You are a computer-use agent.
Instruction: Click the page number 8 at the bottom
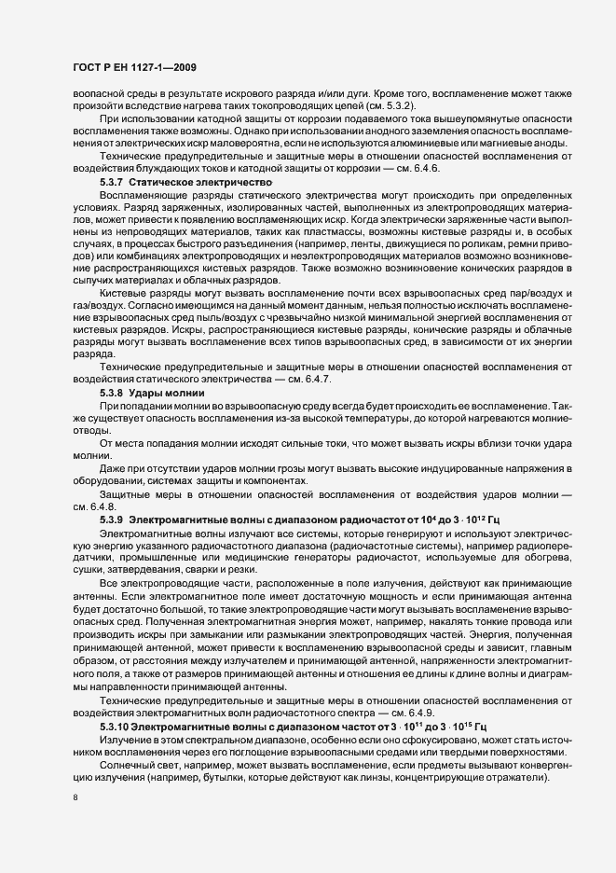[x=76, y=797]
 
